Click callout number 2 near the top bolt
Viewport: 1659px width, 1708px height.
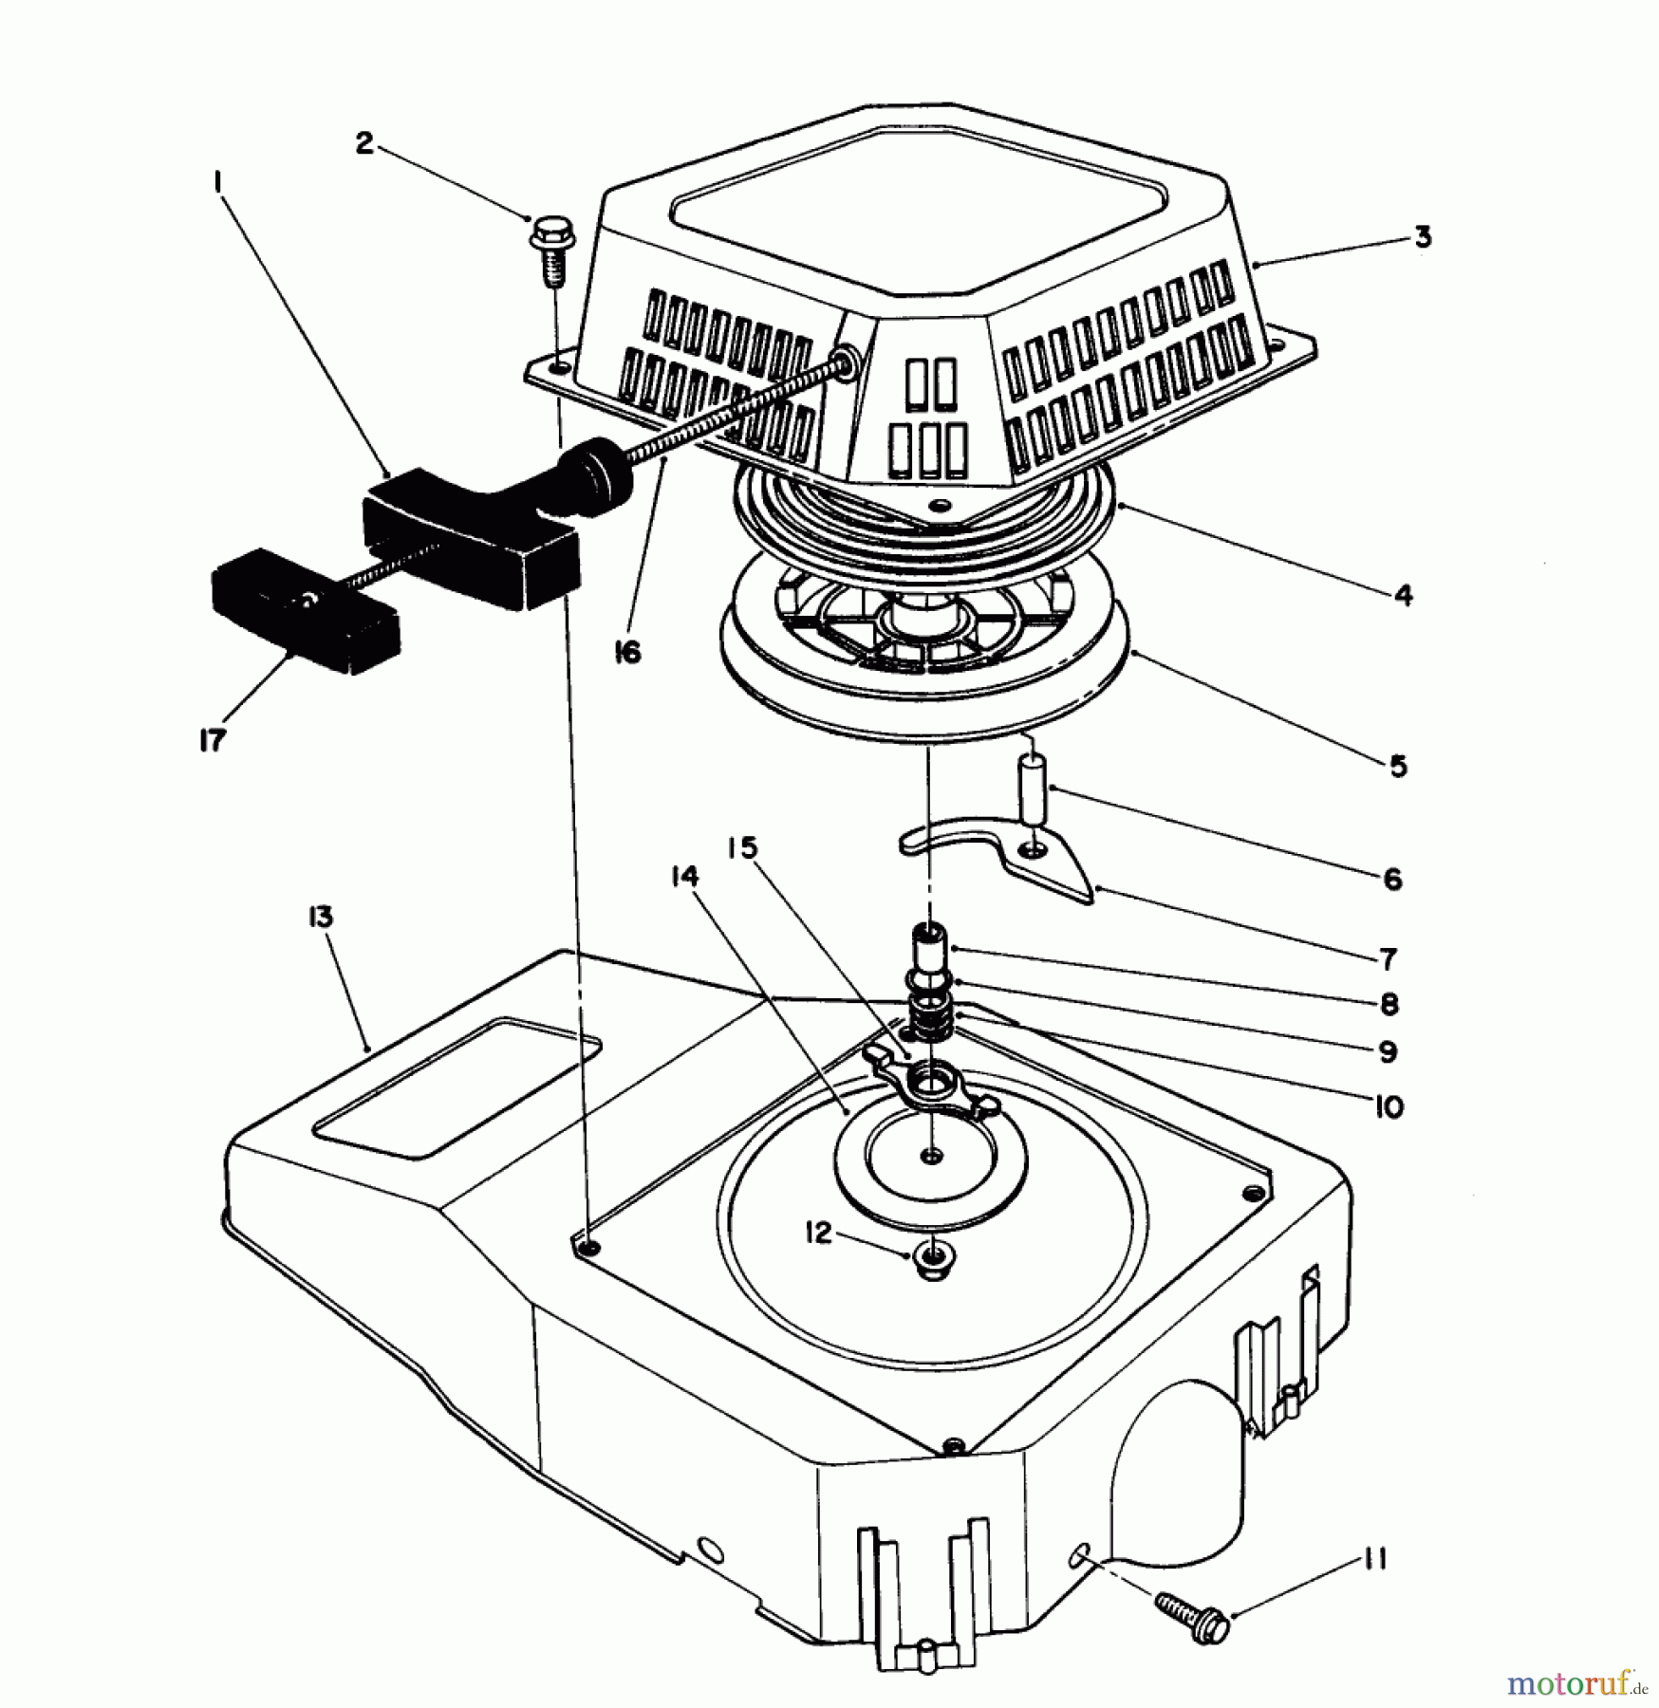click(x=364, y=145)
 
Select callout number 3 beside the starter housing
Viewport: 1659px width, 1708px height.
click(x=1421, y=236)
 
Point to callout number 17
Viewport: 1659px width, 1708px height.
click(x=212, y=740)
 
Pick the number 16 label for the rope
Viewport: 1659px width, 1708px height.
click(x=627, y=652)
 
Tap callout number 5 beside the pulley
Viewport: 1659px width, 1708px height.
click(x=1398, y=766)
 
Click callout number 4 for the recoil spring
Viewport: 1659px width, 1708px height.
click(x=1403, y=596)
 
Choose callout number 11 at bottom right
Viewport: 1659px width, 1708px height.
click(x=1375, y=1559)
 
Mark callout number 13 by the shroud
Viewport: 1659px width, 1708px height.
click(x=319, y=918)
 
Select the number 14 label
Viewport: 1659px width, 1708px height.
click(x=684, y=877)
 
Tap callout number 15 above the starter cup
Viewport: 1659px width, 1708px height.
click(x=742, y=847)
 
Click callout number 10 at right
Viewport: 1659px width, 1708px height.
click(x=1389, y=1105)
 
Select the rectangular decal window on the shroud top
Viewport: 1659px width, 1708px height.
click(x=457, y=1088)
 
